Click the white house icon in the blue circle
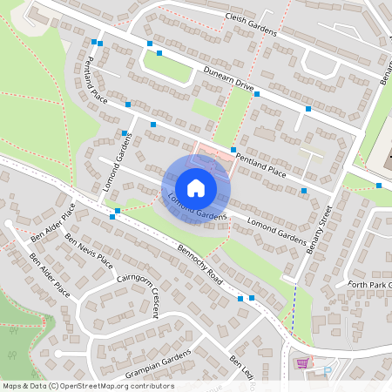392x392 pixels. [x=196, y=187]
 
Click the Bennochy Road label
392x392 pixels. [x=189, y=260]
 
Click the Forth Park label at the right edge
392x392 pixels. [x=371, y=284]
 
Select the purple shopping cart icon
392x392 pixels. [x=302, y=363]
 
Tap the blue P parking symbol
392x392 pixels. [x=328, y=369]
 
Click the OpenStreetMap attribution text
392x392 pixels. [x=87, y=386]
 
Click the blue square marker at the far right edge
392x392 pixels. [x=379, y=185]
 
